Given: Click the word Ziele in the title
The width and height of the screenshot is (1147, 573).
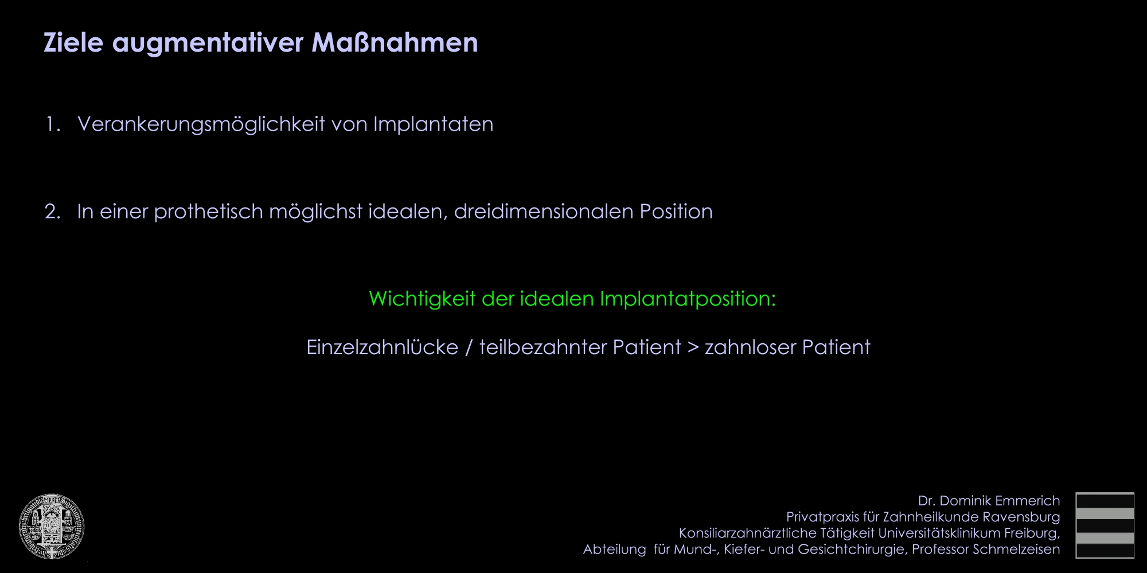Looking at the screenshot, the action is [73, 42].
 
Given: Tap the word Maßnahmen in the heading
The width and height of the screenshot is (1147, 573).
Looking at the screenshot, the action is [395, 42].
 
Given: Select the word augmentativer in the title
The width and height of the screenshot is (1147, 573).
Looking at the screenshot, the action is [208, 44].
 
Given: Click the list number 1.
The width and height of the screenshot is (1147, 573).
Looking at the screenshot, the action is [53, 124].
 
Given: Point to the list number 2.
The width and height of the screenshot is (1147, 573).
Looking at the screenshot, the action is [53, 211].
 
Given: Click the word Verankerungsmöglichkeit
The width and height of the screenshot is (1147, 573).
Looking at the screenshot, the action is [201, 125].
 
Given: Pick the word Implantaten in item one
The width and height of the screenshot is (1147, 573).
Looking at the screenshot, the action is [433, 124].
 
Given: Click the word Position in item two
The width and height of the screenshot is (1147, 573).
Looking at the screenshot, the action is [676, 211].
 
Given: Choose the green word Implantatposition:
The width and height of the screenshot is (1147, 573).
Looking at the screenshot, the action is [688, 299].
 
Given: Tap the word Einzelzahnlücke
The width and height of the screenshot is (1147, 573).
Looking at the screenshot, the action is [383, 347].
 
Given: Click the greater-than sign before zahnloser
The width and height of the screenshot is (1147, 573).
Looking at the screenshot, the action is [693, 348].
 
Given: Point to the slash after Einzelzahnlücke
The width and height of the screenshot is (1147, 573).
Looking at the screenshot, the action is [469, 348].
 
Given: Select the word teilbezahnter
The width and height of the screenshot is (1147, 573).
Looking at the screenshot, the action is [543, 347].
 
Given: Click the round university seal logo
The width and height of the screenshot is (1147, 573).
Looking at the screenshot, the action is [52, 526].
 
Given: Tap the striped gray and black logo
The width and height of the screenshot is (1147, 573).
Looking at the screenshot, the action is [1105, 525].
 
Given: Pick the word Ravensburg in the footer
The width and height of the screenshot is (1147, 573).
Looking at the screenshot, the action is [1021, 517].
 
